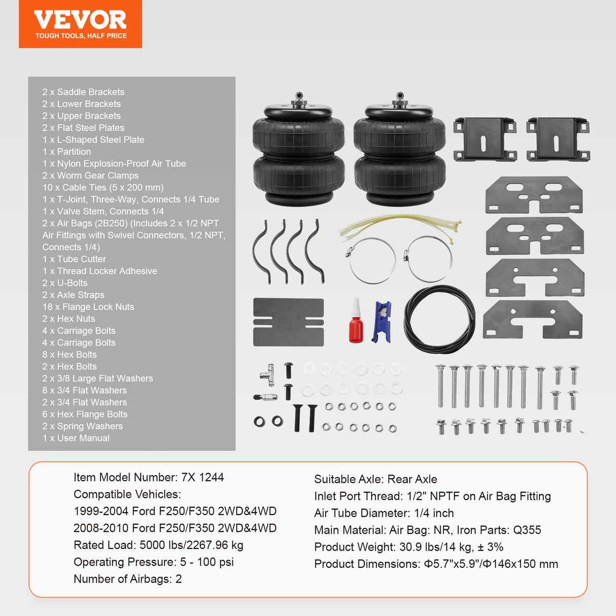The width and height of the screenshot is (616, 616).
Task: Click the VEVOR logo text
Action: click(80, 20)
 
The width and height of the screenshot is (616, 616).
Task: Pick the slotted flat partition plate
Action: click(288, 322)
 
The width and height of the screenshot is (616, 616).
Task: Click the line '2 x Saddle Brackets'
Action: click(83, 92)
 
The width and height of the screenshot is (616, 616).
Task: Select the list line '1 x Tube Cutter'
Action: click(74, 259)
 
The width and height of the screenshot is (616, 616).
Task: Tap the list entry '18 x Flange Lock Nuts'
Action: click(88, 306)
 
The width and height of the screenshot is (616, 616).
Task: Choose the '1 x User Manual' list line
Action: click(76, 438)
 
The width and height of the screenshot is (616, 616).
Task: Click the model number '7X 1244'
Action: click(202, 477)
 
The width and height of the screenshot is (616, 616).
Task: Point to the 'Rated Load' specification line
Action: click(158, 545)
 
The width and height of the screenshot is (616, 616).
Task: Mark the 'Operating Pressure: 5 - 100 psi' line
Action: click(154, 562)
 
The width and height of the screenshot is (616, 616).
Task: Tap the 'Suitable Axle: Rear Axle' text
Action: click(375, 479)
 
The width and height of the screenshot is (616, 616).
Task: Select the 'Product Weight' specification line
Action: click(408, 547)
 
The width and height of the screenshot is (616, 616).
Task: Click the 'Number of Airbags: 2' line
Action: click(127, 579)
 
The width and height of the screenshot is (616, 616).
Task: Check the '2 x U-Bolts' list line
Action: click(65, 283)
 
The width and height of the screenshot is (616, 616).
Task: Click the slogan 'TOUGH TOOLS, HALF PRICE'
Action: click(81, 36)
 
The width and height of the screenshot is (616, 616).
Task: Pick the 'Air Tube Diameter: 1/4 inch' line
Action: click(384, 513)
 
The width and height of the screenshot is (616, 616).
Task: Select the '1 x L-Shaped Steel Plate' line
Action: click(93, 140)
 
